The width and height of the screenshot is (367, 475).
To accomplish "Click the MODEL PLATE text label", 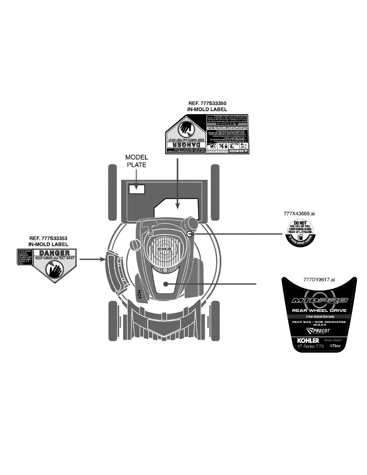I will click(x=137, y=161).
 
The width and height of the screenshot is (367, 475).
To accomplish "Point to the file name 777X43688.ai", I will click(x=299, y=213).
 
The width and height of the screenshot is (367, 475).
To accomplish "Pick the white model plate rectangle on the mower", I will click(x=137, y=189).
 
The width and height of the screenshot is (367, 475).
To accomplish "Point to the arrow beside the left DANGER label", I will click(x=91, y=260).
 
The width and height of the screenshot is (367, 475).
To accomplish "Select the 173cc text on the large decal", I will click(x=330, y=346).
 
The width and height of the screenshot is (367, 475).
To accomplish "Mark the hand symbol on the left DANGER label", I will click(x=54, y=270).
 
